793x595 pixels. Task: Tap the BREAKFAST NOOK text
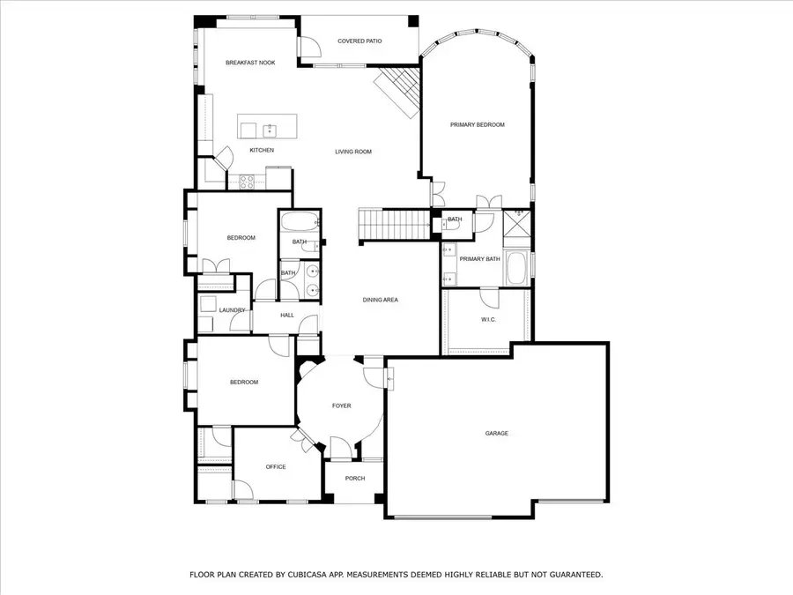point(250,63)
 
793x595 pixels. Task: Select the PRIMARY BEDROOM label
point(478,125)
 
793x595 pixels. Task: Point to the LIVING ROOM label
point(353,152)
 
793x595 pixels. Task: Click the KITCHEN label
point(262,150)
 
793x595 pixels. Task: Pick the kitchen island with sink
point(267,127)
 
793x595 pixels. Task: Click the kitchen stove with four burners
point(247,182)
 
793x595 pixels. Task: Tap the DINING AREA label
point(381,300)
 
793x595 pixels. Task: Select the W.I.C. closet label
point(488,319)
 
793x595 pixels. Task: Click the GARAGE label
point(497,433)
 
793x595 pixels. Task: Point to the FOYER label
point(341,405)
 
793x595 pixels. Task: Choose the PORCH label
point(354,479)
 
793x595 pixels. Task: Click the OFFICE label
point(276,466)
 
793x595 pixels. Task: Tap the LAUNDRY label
point(232,310)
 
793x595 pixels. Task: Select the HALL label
point(287,315)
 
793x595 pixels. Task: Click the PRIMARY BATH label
point(479,259)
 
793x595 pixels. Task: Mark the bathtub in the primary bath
point(517,268)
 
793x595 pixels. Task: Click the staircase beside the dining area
point(395,225)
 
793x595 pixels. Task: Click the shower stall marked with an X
point(517,227)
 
